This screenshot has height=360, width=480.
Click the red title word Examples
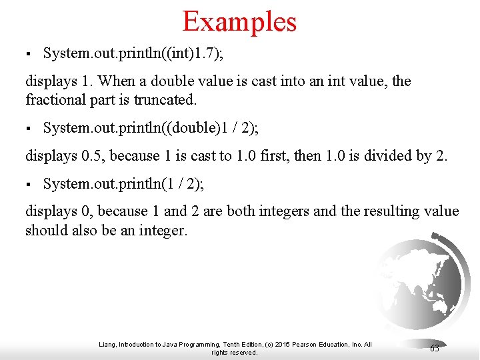click(239, 21)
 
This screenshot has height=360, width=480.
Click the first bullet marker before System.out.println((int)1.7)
click(28, 53)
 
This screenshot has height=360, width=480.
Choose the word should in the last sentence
click(47, 230)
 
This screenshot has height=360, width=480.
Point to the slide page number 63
click(435, 348)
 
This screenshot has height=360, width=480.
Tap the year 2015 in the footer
click(280, 345)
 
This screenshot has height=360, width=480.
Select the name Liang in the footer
click(107, 345)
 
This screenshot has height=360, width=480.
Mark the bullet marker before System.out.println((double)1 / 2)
click(28, 127)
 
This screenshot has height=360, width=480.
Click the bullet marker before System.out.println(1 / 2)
click(28, 183)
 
